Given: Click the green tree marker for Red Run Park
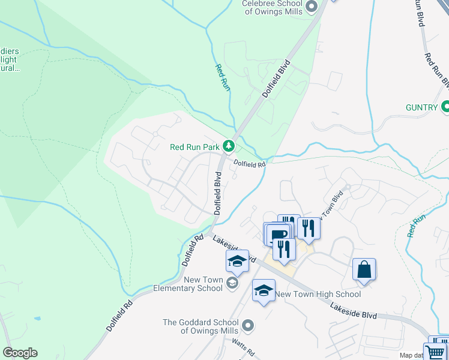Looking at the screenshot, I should pos(228,146).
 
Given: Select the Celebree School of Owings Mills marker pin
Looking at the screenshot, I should pos(311,7).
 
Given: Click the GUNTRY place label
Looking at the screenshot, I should pos(421,107).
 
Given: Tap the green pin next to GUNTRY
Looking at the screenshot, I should pos(445,107).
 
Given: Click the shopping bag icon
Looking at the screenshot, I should pos(364,269).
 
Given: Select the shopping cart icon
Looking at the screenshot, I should pos(436,352).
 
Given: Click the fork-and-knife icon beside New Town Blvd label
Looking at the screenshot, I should pos(309,228).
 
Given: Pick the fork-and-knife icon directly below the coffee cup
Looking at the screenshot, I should pos(284,248).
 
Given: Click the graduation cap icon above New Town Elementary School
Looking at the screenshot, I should pos(237,261).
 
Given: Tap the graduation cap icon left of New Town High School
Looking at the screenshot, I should pos(263,291).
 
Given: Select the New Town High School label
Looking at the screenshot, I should pos(318,294).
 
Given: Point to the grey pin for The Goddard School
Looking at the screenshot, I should pos(249,326).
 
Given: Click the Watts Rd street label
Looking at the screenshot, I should pos(243,347).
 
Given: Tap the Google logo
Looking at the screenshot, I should pos(20,353).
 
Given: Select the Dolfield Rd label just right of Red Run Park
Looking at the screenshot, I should pos(249,163).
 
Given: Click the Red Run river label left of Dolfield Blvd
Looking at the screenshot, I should pos(222,77).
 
